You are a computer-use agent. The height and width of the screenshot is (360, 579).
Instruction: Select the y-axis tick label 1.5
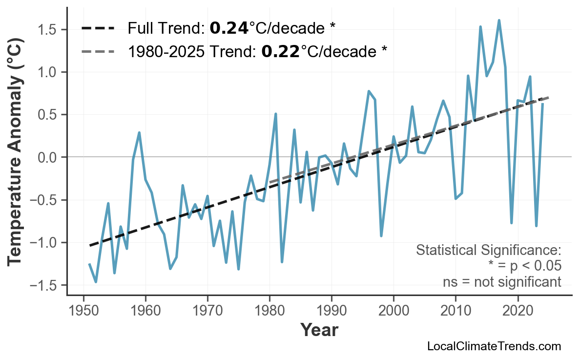[48, 30]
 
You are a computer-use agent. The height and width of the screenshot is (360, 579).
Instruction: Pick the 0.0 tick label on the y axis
[48, 157]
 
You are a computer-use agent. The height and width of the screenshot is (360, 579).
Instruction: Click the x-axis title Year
[319, 330]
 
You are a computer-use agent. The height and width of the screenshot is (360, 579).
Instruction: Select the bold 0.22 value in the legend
[280, 51]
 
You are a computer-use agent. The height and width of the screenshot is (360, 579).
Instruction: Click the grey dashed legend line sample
[98, 51]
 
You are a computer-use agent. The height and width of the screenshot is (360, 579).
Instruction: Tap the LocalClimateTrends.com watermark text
[494, 346]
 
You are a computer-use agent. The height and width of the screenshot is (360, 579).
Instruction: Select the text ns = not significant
[502, 282]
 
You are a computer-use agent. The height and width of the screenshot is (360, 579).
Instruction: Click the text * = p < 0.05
[524, 266]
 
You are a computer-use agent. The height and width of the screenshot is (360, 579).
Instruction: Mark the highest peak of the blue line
[499, 21]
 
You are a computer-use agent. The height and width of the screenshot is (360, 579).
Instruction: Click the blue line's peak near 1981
[276, 114]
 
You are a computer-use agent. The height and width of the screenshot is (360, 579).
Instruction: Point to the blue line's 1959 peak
[139, 132]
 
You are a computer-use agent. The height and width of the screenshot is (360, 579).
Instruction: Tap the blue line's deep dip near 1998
[381, 236]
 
